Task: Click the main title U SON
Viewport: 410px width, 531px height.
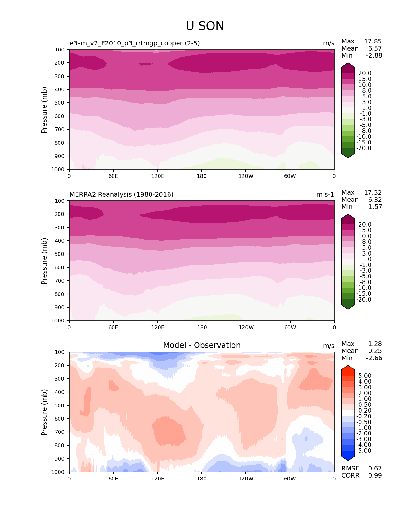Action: point(205,26)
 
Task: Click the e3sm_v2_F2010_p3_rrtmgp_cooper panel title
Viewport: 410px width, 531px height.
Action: point(134,43)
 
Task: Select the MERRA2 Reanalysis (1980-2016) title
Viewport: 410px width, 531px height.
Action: point(121,195)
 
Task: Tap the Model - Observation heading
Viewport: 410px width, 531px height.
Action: point(202,345)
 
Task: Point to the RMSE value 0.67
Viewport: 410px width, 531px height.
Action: point(375,469)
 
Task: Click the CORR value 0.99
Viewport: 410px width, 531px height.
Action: point(375,476)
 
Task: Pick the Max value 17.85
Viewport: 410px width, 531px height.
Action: point(373,42)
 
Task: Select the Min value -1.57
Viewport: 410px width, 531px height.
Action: point(374,207)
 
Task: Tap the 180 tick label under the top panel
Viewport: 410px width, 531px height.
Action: point(202,176)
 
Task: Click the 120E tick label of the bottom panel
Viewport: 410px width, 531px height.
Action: point(158,479)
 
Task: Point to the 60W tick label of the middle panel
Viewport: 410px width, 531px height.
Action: point(290,327)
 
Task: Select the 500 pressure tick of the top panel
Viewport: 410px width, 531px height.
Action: point(60,103)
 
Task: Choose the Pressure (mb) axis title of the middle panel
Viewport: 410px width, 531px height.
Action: point(44,261)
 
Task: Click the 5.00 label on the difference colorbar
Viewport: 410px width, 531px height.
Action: point(365,376)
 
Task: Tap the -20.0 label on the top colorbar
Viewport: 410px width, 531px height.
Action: point(364,148)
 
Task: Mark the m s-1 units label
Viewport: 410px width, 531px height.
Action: point(325,195)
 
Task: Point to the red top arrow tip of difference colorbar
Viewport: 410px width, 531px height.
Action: point(348,366)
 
